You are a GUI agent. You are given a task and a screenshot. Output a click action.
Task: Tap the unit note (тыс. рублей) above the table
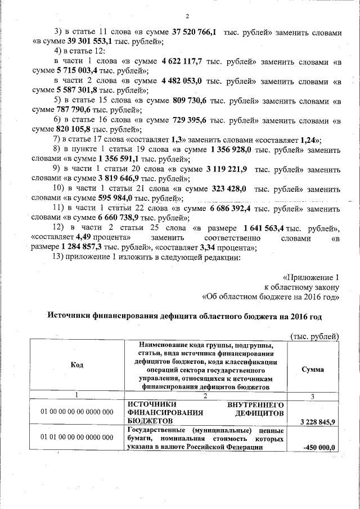313,336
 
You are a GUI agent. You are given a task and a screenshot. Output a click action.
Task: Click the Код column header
77,366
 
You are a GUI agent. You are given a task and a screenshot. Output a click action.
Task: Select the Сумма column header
312,370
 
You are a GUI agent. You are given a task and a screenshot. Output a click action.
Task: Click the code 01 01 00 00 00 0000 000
77,437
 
